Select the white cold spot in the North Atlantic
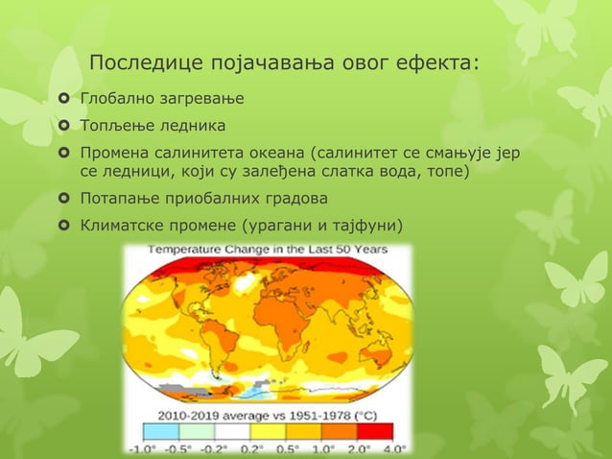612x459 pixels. (251, 284)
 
